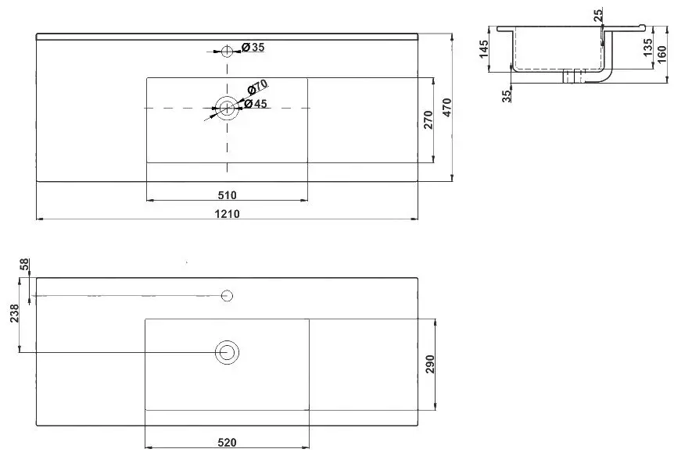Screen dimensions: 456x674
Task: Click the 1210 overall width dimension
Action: pos(228,213)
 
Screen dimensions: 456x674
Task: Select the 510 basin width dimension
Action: pos(228,194)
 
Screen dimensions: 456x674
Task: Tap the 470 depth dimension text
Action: pos(446,109)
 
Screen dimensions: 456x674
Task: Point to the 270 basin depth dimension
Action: pos(427,120)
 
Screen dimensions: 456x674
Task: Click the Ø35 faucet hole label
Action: pos(253,48)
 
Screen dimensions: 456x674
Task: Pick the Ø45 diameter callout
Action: pos(257,104)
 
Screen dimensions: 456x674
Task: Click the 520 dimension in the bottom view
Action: pos(228,442)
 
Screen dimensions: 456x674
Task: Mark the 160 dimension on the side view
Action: pos(661,53)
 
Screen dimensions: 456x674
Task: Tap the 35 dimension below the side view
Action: pos(506,94)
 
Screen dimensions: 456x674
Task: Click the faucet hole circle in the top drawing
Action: pos(227,52)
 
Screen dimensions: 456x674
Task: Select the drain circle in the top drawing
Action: pos(228,109)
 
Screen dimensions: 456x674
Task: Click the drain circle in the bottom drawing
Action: pos(228,351)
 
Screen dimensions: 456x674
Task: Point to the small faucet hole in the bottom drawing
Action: pos(228,295)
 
